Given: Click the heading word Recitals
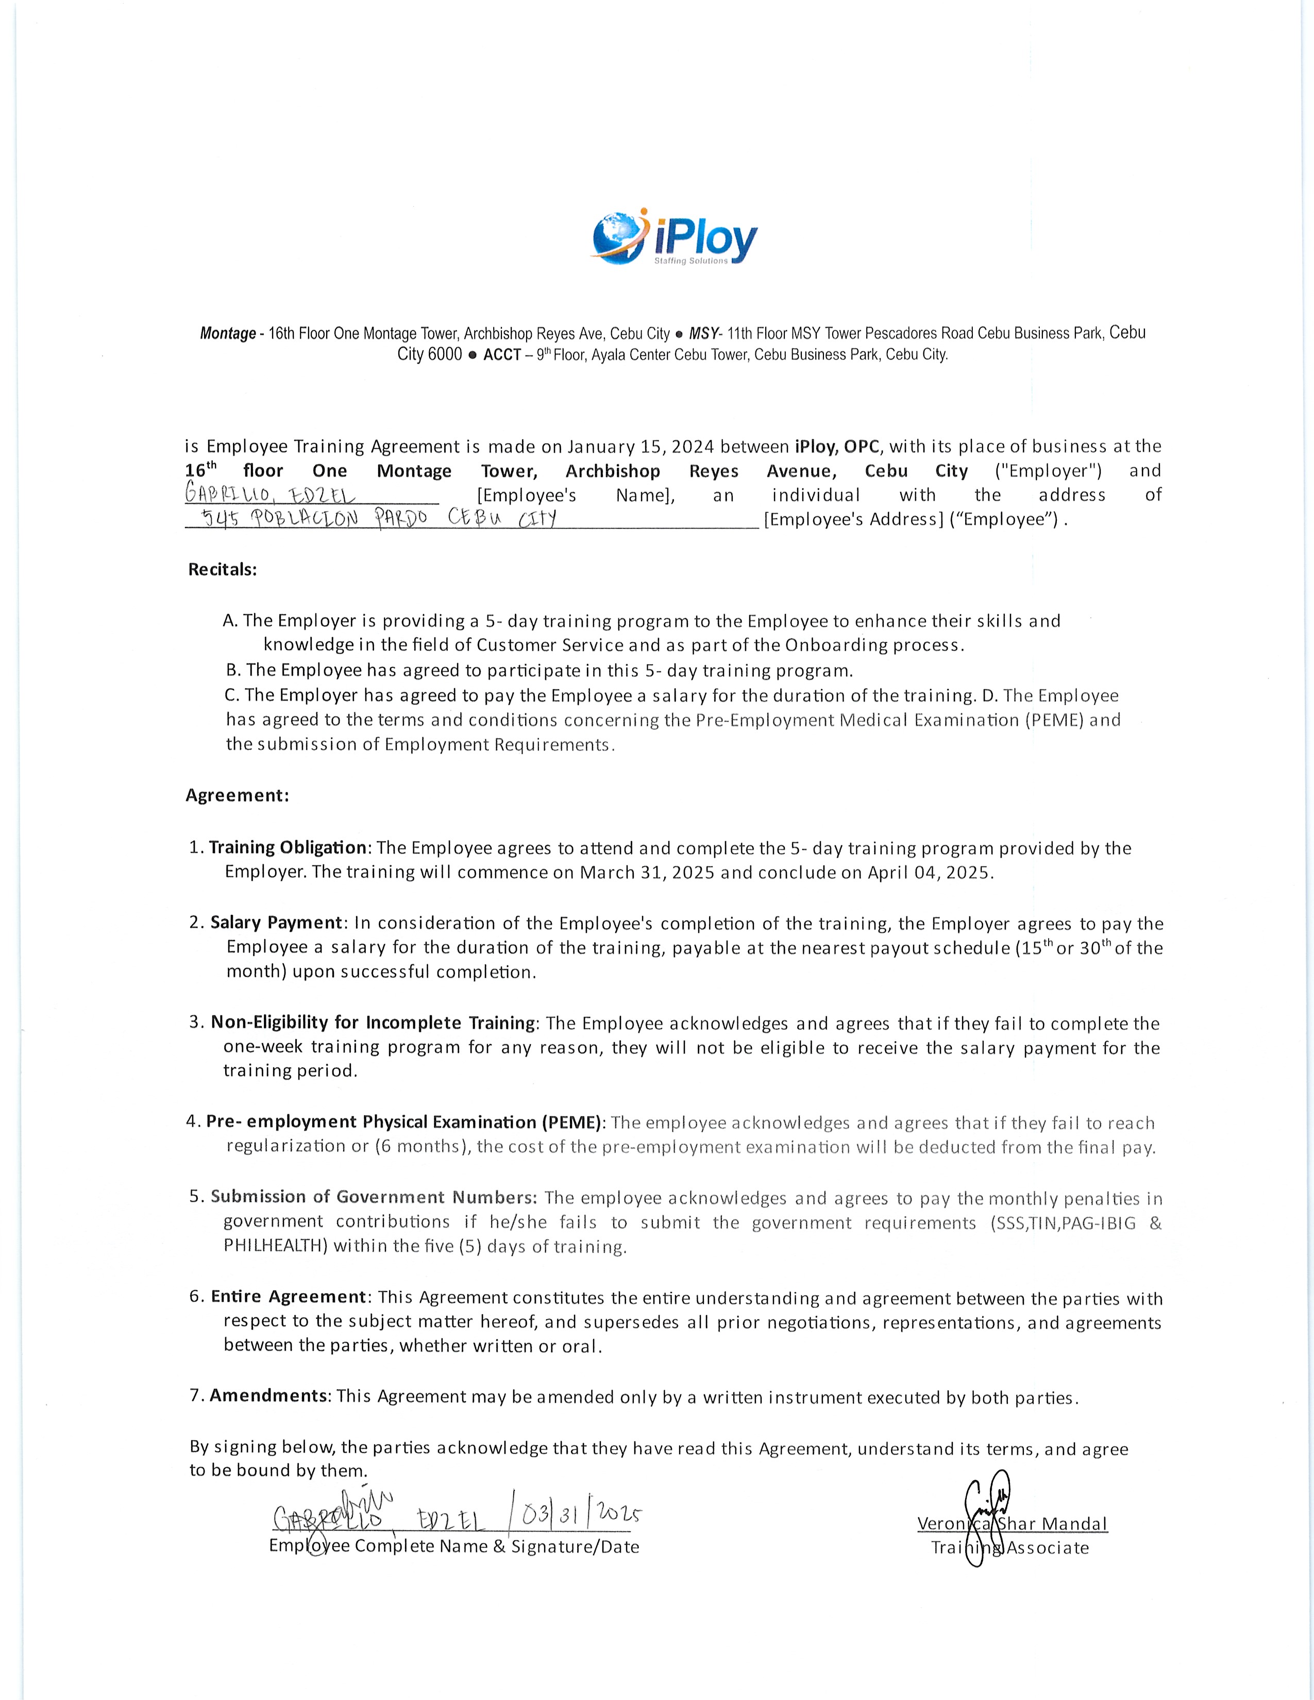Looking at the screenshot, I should click(x=223, y=569).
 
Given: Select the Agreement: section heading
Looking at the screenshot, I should click(x=238, y=795).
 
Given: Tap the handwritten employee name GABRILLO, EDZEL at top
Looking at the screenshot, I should click(x=269, y=495).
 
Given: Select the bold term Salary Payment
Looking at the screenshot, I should click(x=276, y=923).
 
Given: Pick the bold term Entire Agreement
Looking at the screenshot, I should click(x=288, y=1296).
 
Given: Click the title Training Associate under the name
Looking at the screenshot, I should click(x=1009, y=1548).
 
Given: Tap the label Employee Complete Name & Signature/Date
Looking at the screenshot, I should click(x=454, y=1546).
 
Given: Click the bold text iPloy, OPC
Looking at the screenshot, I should click(x=837, y=446).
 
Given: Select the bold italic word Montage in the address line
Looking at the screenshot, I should click(x=227, y=334).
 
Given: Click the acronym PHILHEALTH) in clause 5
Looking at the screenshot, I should click(x=275, y=1246).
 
